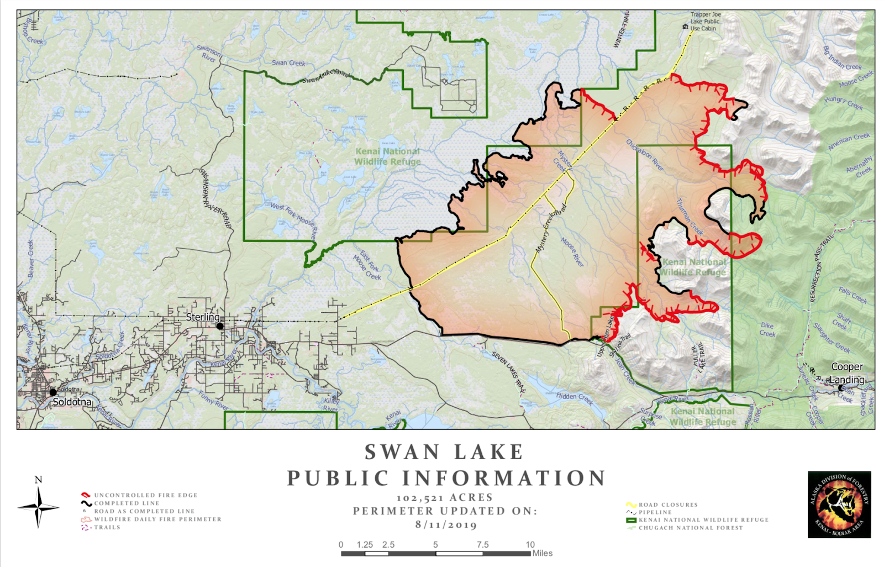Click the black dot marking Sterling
pos(220,326)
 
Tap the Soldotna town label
pos(72,402)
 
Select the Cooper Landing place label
pos(847,373)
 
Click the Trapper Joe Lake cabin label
pos(705,22)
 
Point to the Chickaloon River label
pos(644,155)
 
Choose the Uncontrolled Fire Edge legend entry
pos(145,495)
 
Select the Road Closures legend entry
pos(668,505)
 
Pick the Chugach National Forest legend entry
pos(691,528)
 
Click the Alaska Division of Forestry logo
pos(839,505)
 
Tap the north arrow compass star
pos(38,506)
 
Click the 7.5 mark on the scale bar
pos(482,545)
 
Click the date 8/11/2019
pos(446,524)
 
